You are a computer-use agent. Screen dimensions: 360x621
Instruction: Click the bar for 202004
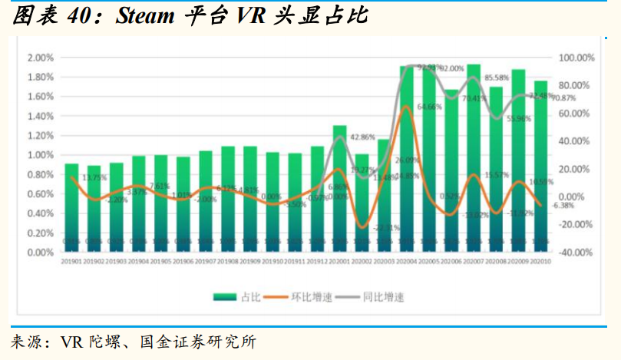pos(407,161)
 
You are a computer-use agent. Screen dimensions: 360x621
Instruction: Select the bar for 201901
pos(71,207)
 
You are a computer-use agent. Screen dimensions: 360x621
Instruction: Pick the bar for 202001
pos(339,188)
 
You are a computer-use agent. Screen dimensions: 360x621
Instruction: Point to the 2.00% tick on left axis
pos(40,58)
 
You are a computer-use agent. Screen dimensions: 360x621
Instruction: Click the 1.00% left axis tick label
pos(40,155)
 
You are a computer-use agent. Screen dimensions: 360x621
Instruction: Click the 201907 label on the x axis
pos(205,262)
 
